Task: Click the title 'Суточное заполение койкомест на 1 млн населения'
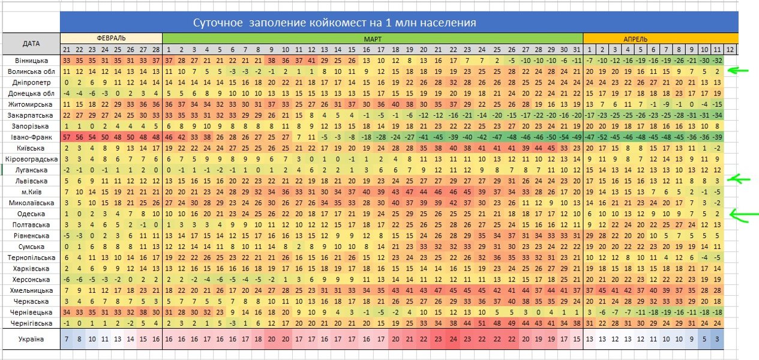(x=334, y=23)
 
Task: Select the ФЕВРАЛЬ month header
(x=111, y=38)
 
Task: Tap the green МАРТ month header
(x=372, y=38)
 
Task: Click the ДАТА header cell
(x=31, y=43)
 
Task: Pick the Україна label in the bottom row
(x=31, y=339)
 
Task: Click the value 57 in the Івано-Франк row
(x=66, y=137)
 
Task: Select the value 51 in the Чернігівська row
(x=481, y=323)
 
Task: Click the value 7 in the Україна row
(x=66, y=339)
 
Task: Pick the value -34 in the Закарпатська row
(x=717, y=115)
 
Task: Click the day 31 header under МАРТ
(x=577, y=49)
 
